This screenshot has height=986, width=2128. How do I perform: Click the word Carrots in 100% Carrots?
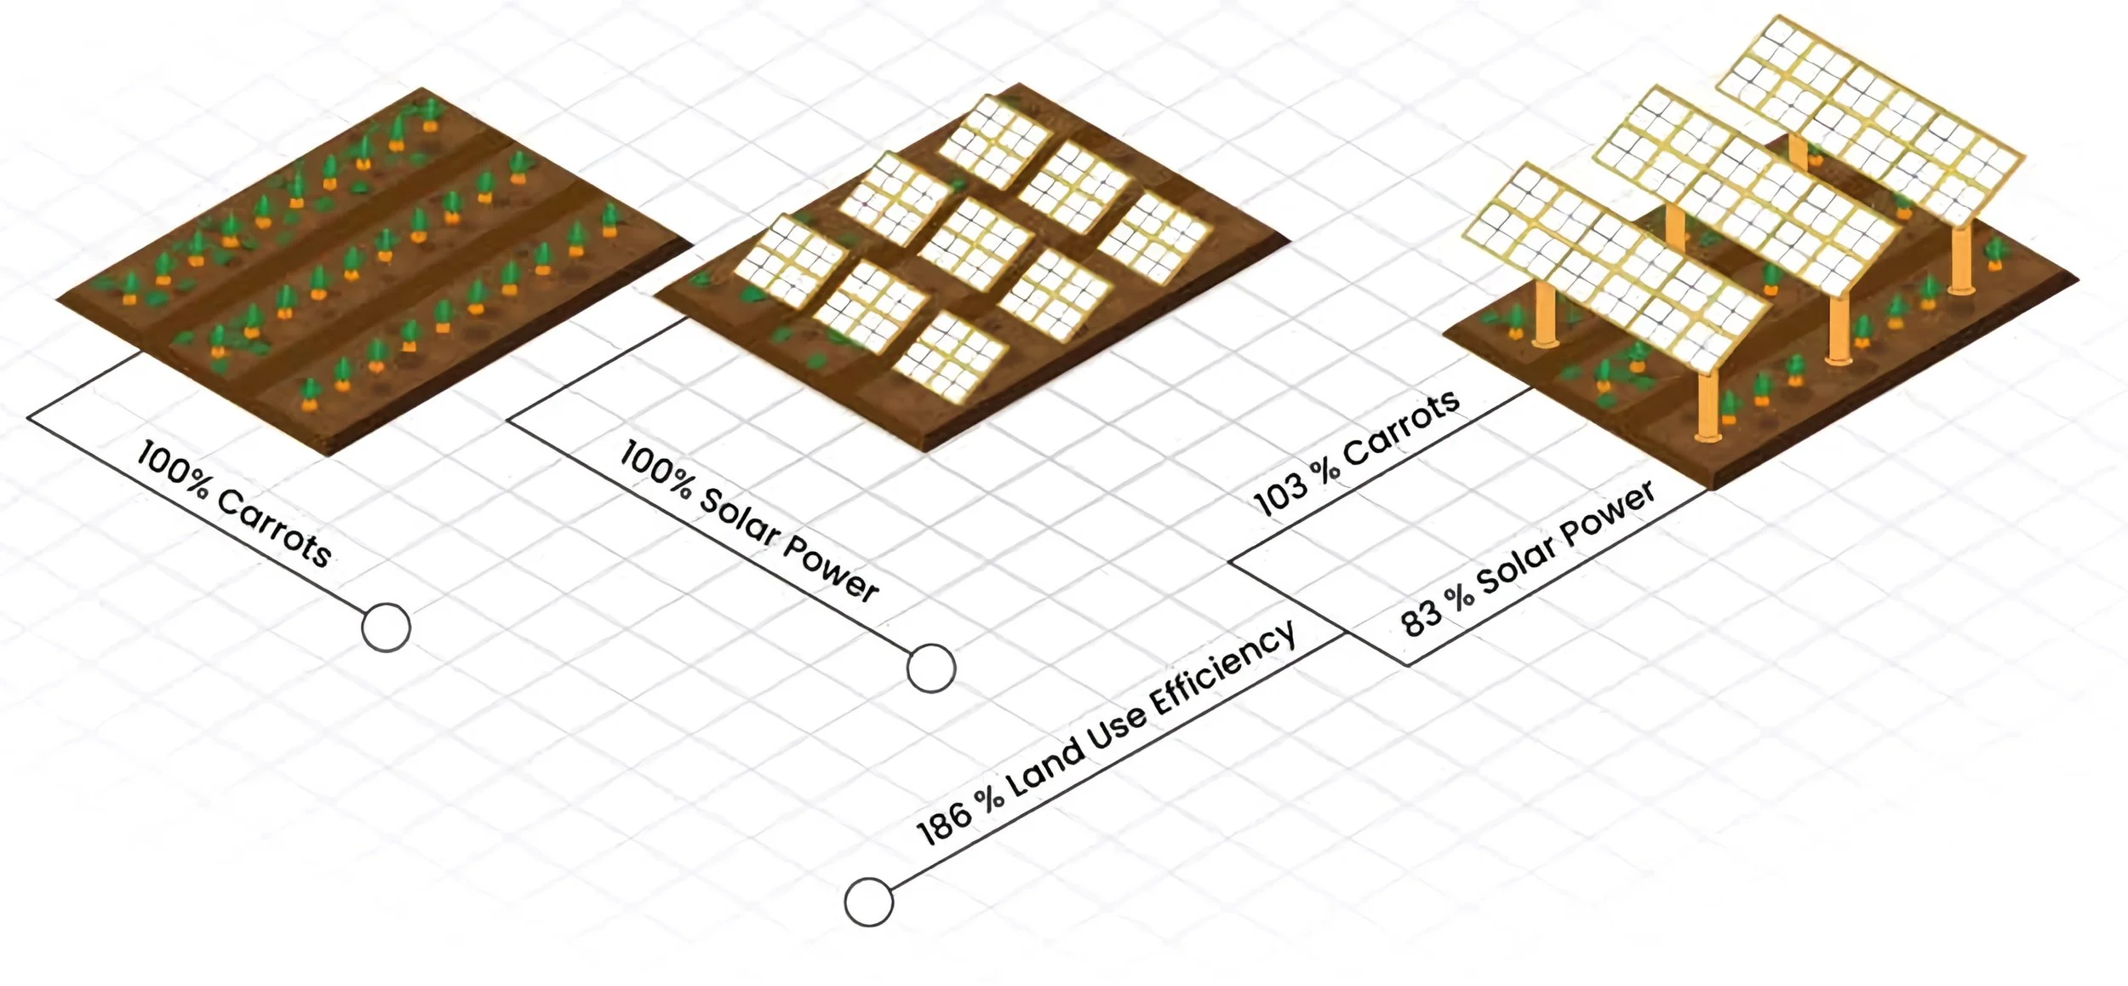click(274, 528)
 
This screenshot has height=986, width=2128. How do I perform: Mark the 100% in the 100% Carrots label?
click(171, 468)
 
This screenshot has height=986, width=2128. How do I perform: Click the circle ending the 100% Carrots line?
click(386, 628)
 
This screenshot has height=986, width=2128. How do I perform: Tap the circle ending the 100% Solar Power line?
click(930, 668)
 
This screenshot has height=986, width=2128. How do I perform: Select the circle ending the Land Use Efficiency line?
click(868, 902)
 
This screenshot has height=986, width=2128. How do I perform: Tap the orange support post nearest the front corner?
click(1707, 409)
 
